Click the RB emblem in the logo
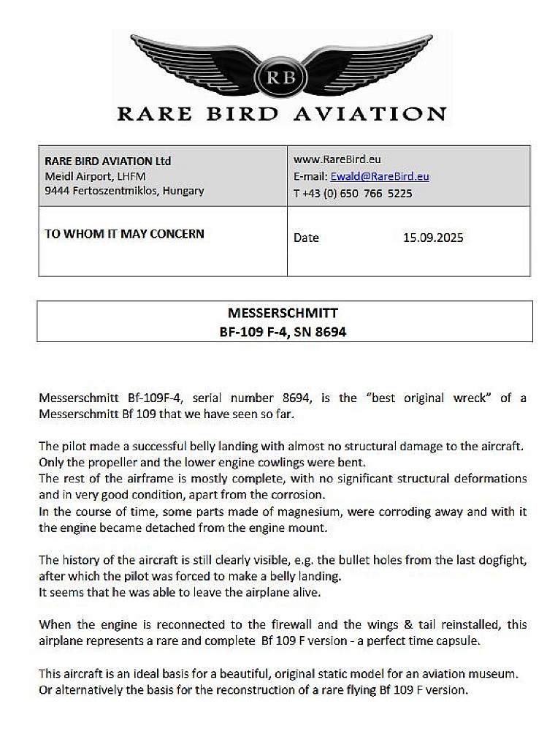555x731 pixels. (277, 75)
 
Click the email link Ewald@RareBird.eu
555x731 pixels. (380, 176)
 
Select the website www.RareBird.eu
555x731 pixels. (337, 159)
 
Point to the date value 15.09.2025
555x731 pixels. (433, 238)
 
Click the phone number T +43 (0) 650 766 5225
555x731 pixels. (353, 194)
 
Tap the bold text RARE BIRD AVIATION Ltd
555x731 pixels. (108, 161)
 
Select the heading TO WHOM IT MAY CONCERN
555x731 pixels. (125, 234)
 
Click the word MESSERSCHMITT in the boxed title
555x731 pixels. (283, 313)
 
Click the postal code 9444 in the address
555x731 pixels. (56, 191)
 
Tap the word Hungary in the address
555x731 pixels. (183, 191)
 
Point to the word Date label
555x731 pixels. (306, 238)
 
